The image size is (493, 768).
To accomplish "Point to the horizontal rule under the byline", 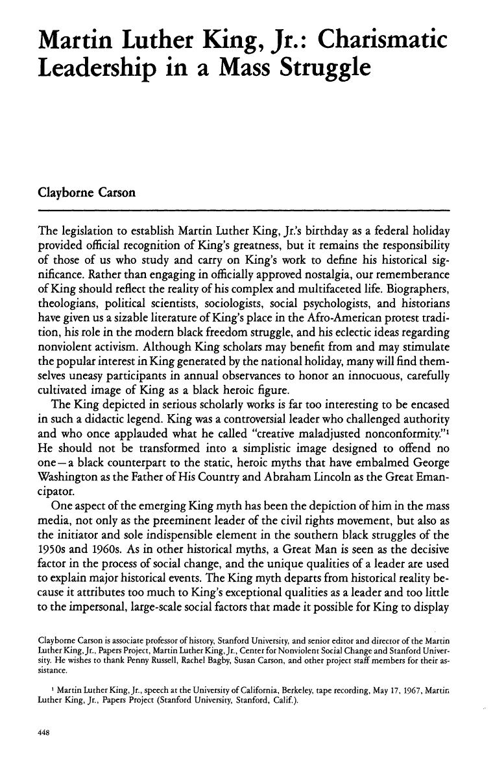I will point(245,211).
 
